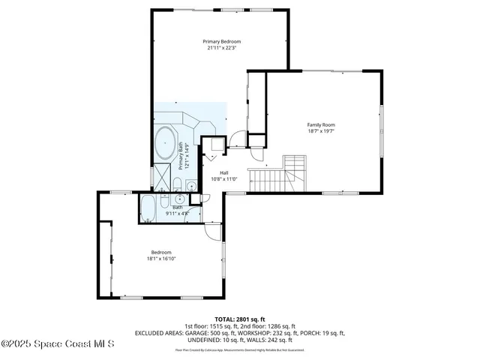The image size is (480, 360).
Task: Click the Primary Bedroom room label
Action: click(x=221, y=41)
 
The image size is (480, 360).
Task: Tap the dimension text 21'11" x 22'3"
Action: click(x=221, y=48)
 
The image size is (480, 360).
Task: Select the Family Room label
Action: click(x=320, y=124)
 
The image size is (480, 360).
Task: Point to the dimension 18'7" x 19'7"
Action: click(x=320, y=131)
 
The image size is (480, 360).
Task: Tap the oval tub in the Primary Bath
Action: click(x=165, y=142)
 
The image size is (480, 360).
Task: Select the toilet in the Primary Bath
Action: click(x=175, y=185)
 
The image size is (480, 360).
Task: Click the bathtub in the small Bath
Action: click(x=148, y=208)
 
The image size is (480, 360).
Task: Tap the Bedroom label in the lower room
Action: click(x=161, y=252)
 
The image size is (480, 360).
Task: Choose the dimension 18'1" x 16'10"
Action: click(x=161, y=259)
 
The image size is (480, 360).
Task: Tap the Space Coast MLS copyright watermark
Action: click(x=58, y=344)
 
